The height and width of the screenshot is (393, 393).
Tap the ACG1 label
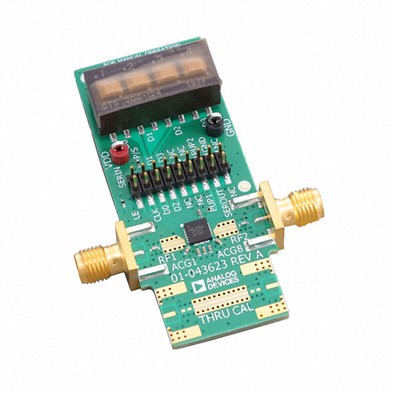[x=182, y=266]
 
